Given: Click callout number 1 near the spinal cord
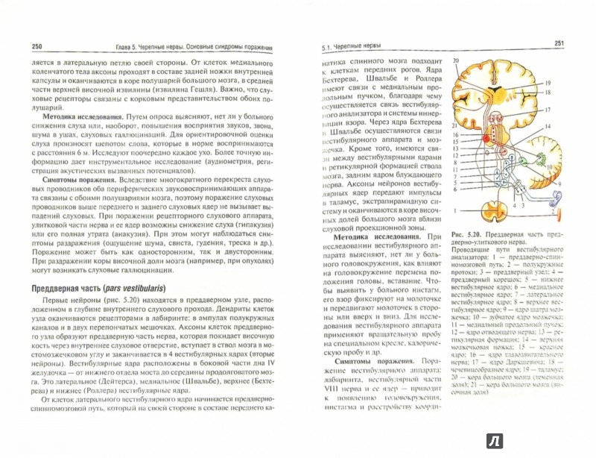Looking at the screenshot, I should tap(456, 211).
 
